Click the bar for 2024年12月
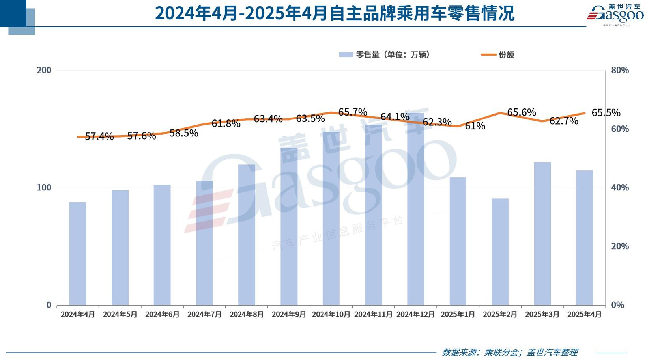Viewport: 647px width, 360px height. coord(415,209)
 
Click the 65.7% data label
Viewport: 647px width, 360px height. coord(353,112)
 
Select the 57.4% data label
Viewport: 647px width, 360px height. coord(99,136)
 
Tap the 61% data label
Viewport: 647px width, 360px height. coord(475,126)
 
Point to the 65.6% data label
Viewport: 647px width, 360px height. coord(522,112)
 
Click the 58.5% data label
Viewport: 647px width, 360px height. coord(184,133)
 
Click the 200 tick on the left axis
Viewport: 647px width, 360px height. coord(44,70)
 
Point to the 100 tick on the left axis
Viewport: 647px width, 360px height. coord(44,187)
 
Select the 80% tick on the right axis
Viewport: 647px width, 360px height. coord(620,70)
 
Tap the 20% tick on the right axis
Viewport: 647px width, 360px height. coord(620,246)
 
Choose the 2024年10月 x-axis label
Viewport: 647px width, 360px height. coord(331,314)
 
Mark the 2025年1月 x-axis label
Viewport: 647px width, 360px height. coord(458,314)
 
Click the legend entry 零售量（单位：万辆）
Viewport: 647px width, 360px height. coord(385,55)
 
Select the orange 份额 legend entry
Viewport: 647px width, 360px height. coord(498,55)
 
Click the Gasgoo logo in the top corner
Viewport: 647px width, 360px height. coord(615,15)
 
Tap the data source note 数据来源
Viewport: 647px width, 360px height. coord(510,352)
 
